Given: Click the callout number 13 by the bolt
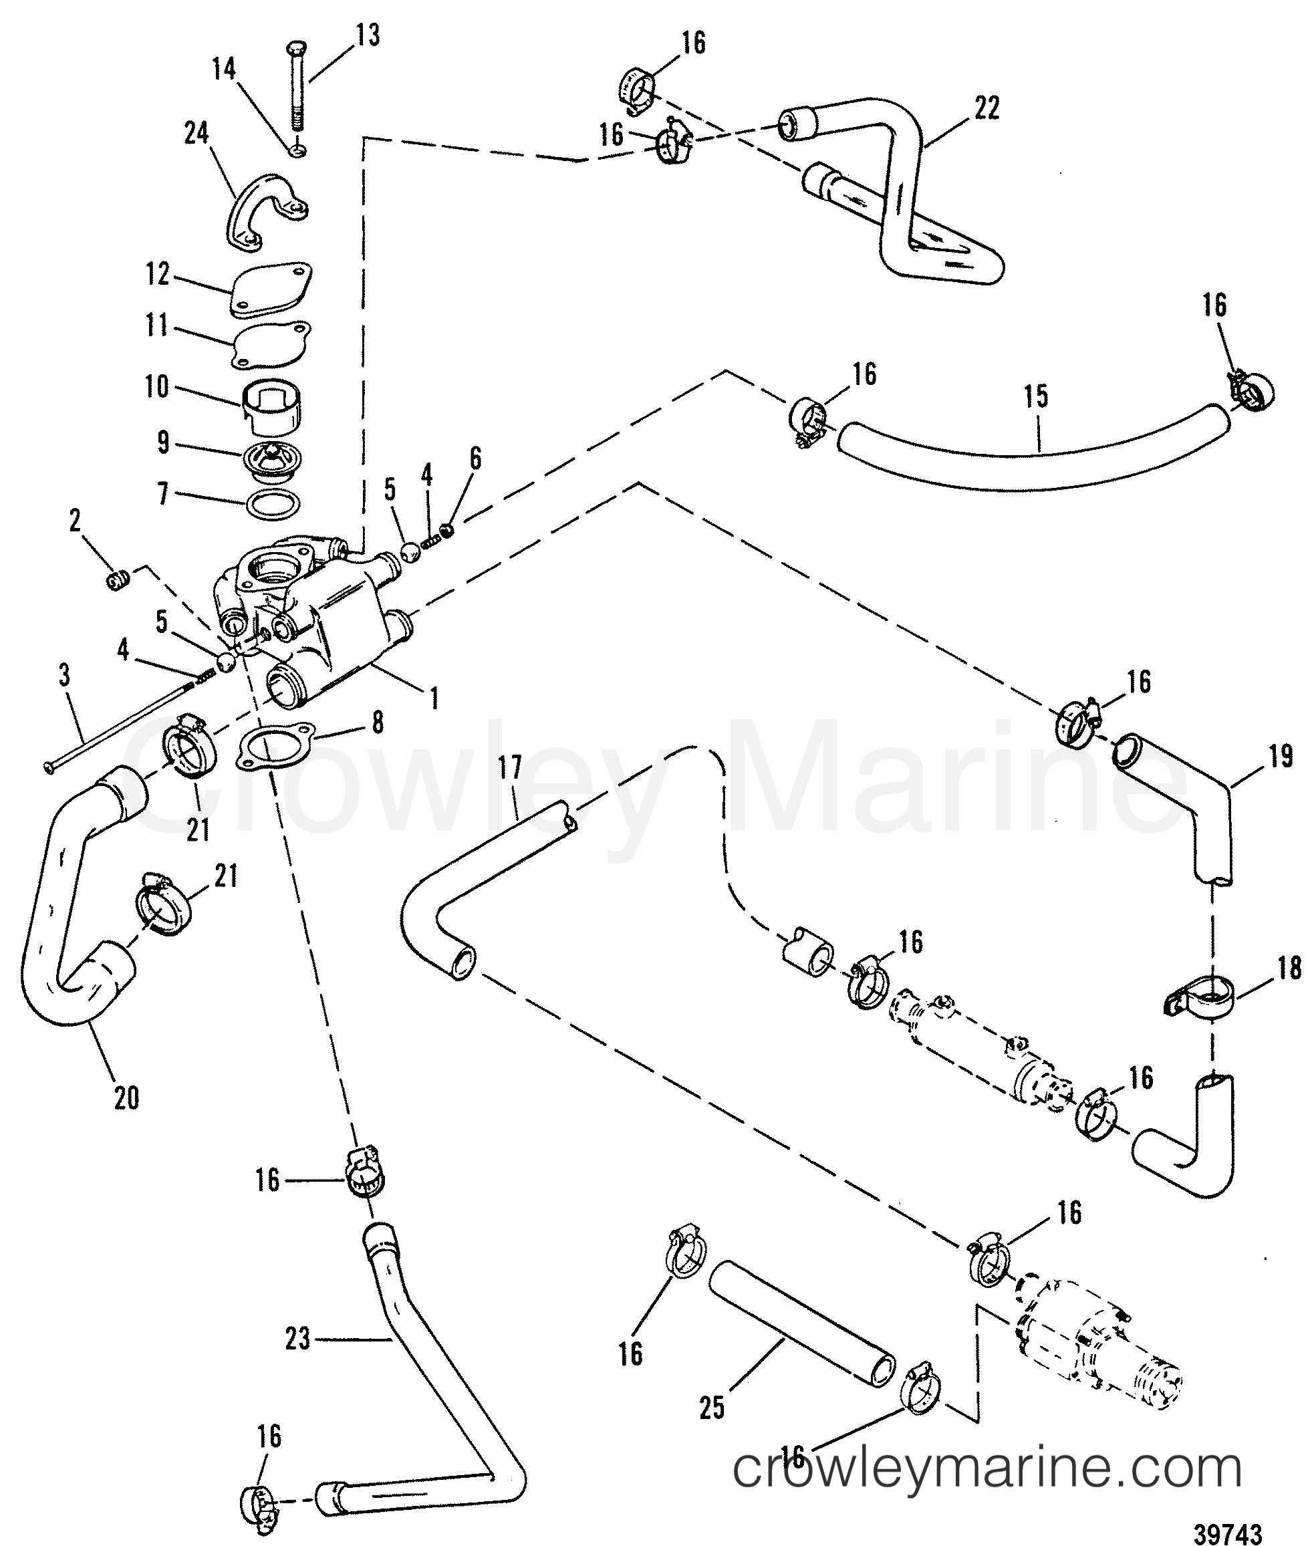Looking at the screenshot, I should [367, 35].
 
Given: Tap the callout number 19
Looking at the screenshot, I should [1281, 757].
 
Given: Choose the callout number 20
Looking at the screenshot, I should [126, 1098].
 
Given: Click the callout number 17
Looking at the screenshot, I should [511, 767].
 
